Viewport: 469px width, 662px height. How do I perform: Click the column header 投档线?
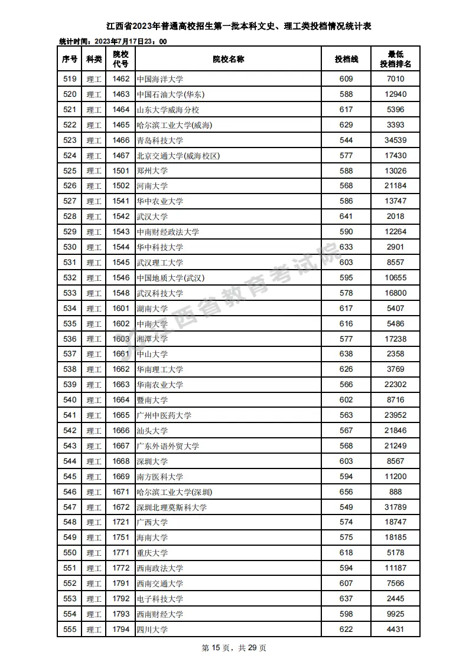tap(346, 59)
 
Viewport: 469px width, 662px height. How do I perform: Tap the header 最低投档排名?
tap(395, 59)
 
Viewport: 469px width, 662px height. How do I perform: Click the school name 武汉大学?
tap(152, 217)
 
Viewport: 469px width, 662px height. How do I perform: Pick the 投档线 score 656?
tap(346, 491)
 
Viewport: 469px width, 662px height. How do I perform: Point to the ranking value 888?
tap(395, 491)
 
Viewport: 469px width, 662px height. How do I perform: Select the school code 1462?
tap(120, 79)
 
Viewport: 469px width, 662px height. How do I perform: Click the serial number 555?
tap(70, 630)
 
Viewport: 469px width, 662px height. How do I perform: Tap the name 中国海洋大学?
tap(159, 79)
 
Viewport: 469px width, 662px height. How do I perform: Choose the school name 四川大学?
tap(152, 630)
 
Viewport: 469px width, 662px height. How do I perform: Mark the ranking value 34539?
tap(395, 140)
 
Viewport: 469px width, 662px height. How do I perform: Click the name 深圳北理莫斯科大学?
tap(171, 507)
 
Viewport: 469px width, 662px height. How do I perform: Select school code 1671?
tap(120, 491)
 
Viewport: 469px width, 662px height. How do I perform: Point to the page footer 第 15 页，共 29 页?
tap(234, 648)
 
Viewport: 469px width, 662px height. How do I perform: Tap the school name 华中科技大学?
tap(159, 247)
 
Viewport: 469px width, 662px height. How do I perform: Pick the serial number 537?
tap(70, 354)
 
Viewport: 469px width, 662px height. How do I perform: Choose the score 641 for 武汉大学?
tap(346, 217)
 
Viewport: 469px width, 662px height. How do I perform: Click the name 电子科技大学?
tap(159, 599)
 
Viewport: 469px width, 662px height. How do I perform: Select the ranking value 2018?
tap(395, 217)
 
